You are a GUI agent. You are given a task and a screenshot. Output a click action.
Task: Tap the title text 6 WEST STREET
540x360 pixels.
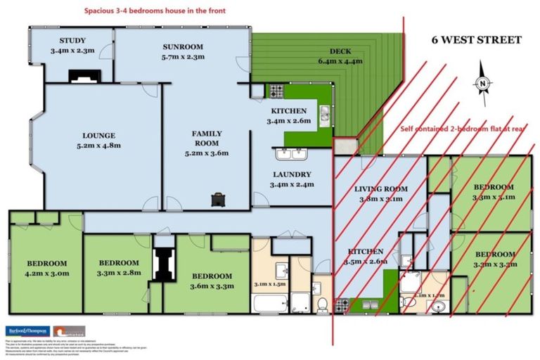[x=476, y=40]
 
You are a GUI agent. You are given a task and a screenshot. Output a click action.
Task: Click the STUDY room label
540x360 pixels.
[x=72, y=41]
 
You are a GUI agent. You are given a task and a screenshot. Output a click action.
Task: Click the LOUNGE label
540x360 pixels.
[x=98, y=136]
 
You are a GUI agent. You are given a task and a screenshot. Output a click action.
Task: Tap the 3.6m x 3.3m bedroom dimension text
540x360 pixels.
[x=211, y=285]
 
